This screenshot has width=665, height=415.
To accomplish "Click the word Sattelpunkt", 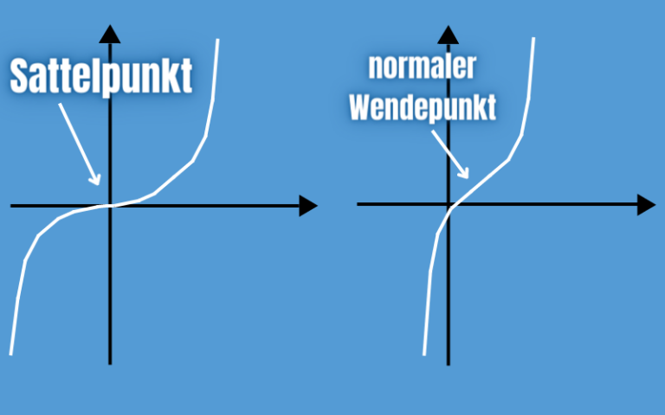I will point(100,76).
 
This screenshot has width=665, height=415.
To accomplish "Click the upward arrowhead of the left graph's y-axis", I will point(110,35).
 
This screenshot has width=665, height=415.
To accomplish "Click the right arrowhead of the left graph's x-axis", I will point(308,206).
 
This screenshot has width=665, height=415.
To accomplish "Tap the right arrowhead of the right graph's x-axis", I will point(646,205).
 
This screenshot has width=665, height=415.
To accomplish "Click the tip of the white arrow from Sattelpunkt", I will point(100,182).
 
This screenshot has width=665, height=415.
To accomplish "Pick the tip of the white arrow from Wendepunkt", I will point(468,177).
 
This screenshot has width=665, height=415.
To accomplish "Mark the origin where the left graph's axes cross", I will point(110,206).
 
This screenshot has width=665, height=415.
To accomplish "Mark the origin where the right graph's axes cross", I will point(449,205).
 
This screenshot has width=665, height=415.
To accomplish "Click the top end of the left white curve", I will point(217,40).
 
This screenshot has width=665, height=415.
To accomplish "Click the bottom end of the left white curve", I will point(10,354).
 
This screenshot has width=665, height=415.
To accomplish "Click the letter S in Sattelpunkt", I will point(20,76).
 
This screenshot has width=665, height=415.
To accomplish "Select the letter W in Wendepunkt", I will point(358,108).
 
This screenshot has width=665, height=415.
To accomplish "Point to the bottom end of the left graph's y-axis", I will point(110,363).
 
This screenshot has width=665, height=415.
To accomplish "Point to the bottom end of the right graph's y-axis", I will point(449,363).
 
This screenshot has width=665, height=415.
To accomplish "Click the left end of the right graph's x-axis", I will point(358,205).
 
